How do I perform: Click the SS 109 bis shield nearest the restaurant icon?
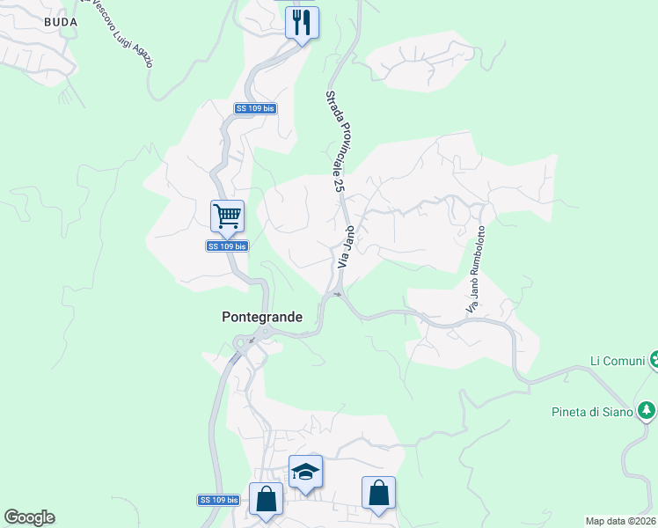coord(255,108)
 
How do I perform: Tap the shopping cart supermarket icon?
coord(227,215)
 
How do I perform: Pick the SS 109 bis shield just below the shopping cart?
coord(227,246)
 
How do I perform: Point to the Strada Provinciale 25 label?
coord(333,141)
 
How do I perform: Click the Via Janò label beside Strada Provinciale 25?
coord(346,247)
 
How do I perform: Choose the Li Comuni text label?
coord(617,361)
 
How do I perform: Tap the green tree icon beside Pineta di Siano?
coord(647,411)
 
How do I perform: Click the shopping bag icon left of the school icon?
coord(266,498)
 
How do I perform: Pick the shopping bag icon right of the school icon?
coord(378,493)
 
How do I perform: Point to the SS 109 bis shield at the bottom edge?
coord(218,500)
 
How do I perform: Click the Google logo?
coord(29,517)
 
